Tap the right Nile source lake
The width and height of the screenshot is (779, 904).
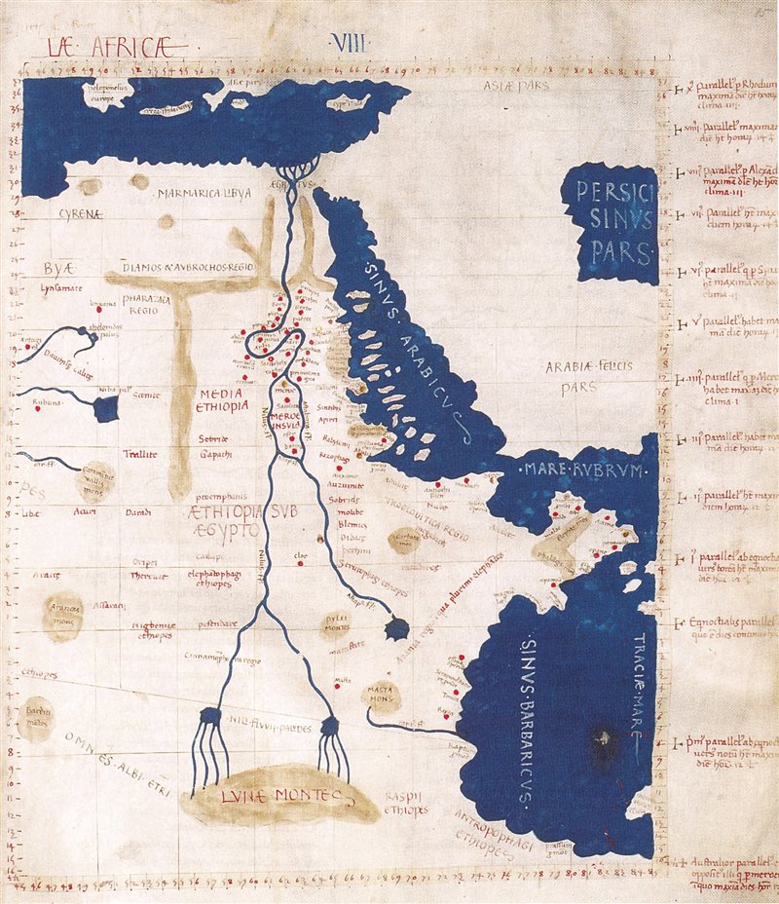(x=328, y=725)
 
